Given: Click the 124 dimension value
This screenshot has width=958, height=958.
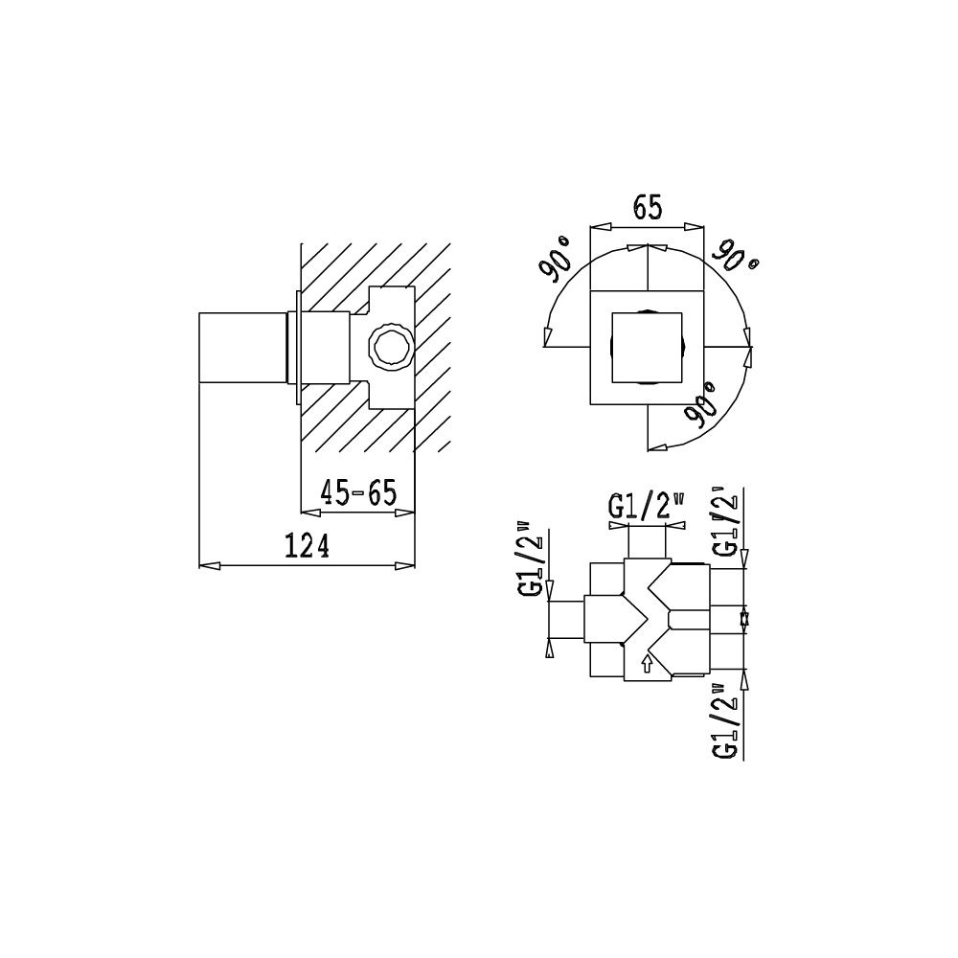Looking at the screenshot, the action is tap(308, 546).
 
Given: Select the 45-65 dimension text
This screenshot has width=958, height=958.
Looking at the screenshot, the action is tap(359, 492).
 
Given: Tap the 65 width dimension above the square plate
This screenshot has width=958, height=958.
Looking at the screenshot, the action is tap(648, 208).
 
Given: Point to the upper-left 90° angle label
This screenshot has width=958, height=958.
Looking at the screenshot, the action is tap(556, 259).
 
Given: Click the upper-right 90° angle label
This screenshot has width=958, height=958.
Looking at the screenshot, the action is tap(738, 257).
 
